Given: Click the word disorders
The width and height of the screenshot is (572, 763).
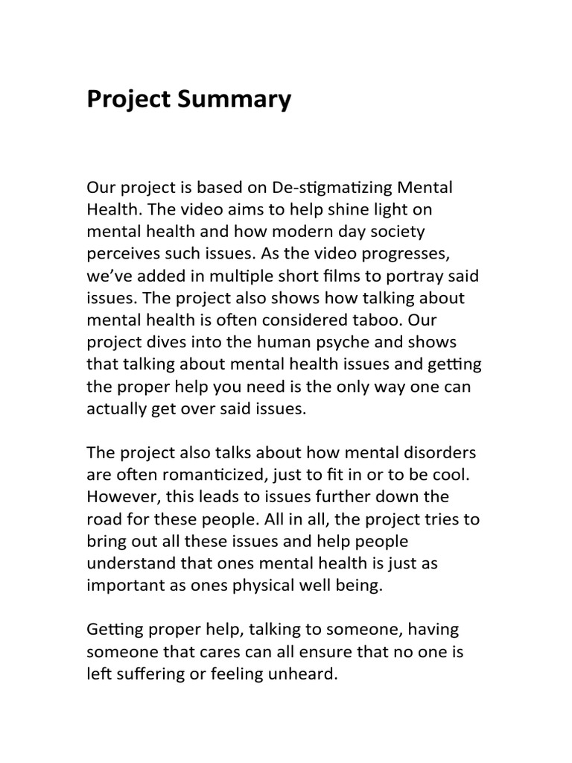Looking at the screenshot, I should pyautogui.click(x=439, y=454).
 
